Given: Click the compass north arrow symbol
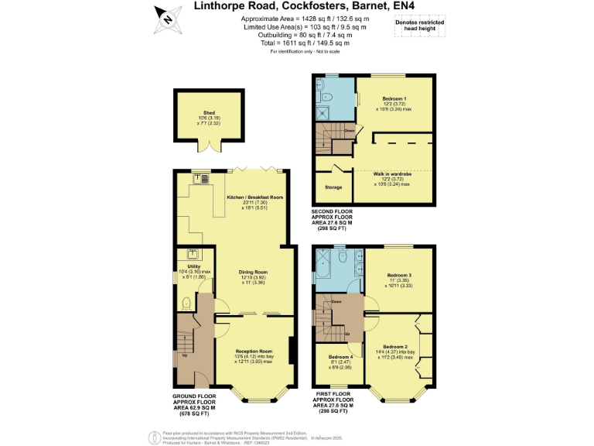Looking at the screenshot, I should pos(165,17).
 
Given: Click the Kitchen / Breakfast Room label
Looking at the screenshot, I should pos(254,197).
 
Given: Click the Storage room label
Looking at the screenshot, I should pos(334,187).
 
